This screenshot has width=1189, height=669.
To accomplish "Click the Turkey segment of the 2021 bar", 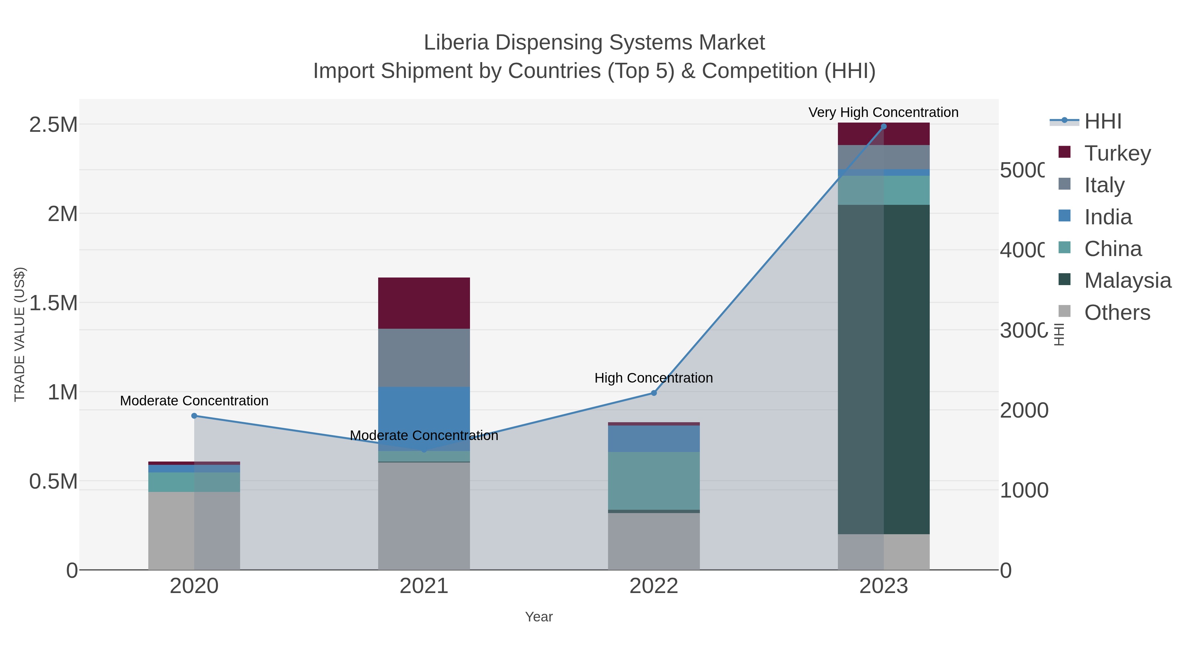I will click(424, 303).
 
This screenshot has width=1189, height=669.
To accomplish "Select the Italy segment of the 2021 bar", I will click(424, 357).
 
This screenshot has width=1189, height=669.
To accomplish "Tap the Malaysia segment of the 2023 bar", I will click(883, 369).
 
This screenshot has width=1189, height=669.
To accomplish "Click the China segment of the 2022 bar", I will click(654, 480).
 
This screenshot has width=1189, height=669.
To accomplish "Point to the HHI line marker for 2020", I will click(194, 416).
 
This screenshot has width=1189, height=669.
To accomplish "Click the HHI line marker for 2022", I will click(654, 393).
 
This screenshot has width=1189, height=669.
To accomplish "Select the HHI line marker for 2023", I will click(883, 127).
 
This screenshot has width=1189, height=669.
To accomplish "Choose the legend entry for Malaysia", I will click(1127, 280).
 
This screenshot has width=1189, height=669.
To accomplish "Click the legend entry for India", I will click(1108, 217).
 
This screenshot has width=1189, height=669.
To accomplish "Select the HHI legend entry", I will click(1102, 122).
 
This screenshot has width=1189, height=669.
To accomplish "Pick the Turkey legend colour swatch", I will click(1064, 152).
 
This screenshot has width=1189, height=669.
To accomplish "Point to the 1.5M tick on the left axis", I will click(53, 303).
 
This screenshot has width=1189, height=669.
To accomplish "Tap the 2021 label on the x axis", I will click(424, 586).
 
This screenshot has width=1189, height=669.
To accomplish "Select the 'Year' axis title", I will click(539, 616).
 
